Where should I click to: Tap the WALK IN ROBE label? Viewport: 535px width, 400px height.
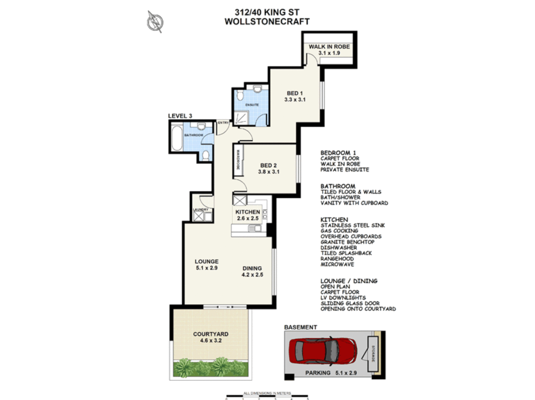[x=329, y=47]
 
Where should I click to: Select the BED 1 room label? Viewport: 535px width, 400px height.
[x=295, y=93]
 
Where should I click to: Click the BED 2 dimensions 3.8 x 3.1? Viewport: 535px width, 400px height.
[x=269, y=172]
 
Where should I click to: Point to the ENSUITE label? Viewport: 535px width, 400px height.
[x=252, y=105]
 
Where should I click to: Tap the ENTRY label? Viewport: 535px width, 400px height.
[x=223, y=123]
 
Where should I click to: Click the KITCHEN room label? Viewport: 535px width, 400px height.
[x=247, y=212]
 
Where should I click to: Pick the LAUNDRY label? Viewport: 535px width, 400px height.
[x=201, y=210]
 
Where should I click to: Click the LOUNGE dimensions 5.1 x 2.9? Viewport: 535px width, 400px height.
[x=206, y=268]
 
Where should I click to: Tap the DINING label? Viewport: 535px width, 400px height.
[x=252, y=268]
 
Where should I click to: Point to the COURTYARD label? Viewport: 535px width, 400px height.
[x=210, y=334]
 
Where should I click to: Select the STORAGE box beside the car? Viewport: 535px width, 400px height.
[x=373, y=354]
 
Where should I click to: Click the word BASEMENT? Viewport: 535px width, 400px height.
[x=300, y=327]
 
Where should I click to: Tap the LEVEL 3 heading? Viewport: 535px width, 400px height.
[x=180, y=116]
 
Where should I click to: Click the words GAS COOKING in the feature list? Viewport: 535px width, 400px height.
[x=339, y=231]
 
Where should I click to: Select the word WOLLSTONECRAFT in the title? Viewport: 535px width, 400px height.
[x=267, y=21]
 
